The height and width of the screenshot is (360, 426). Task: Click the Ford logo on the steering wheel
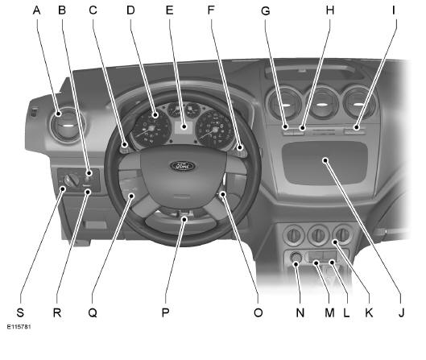[183, 166]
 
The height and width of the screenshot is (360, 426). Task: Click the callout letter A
[37, 10]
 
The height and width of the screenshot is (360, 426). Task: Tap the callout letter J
[401, 312]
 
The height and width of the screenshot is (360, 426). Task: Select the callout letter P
[165, 312]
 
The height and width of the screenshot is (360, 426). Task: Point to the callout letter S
[20, 312]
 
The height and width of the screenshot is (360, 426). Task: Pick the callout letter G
[266, 10]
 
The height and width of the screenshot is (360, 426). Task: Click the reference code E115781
[19, 327]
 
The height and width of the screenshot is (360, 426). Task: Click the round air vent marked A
[68, 126]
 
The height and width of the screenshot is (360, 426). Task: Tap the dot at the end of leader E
[184, 126]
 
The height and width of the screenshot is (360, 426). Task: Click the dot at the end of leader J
[325, 160]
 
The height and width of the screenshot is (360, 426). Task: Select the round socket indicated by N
[296, 257]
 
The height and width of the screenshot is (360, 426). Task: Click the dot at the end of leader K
[336, 242]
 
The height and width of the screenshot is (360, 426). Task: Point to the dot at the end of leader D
[155, 115]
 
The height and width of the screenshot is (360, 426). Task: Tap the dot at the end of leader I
[356, 127]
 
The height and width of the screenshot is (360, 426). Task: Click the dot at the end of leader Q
[132, 196]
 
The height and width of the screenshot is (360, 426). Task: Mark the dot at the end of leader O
[223, 194]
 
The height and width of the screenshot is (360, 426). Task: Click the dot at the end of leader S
[63, 188]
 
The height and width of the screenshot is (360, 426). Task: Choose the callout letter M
[329, 312]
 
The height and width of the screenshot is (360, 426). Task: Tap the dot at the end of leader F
[240, 148]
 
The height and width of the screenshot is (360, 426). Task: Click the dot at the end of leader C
[125, 144]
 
